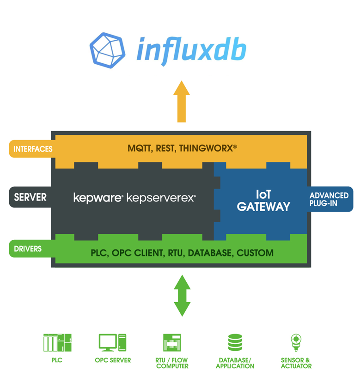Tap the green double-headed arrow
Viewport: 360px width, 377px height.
[x=182, y=295]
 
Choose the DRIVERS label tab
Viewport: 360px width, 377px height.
[x=28, y=249]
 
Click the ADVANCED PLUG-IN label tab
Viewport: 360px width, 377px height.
[x=329, y=200]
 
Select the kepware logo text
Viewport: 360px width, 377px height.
[x=97, y=198]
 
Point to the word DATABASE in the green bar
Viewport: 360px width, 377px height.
[x=210, y=253]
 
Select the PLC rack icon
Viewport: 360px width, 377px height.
[x=57, y=343]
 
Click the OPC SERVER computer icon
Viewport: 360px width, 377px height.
[x=112, y=343]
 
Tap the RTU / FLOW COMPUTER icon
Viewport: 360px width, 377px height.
[x=172, y=343]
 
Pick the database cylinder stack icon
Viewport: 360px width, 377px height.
[x=235, y=343]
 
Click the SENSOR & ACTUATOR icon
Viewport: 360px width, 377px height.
[x=296, y=343]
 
